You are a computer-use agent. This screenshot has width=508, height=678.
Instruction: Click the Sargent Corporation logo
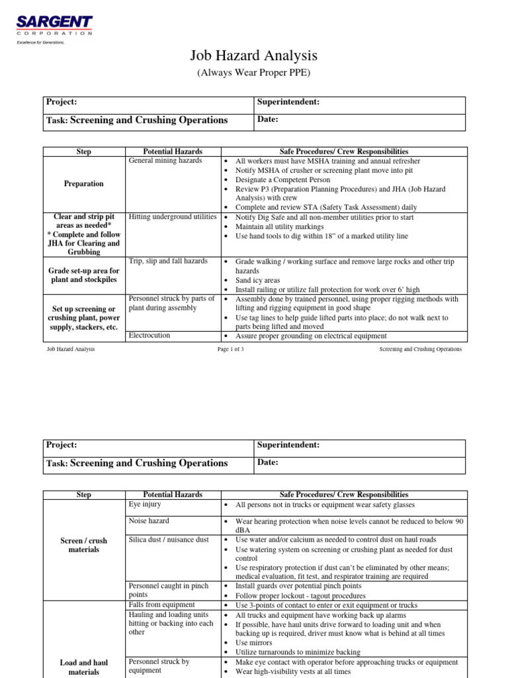[54, 26]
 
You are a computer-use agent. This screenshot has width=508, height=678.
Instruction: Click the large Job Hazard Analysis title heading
[253, 56]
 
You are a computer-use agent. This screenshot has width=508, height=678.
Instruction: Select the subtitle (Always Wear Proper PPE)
[253, 72]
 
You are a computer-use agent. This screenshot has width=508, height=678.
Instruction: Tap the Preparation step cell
[84, 183]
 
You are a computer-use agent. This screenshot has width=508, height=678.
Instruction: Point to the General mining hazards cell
[165, 161]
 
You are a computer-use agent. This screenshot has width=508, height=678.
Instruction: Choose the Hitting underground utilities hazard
[173, 217]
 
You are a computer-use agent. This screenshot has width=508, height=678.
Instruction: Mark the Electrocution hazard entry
[149, 336]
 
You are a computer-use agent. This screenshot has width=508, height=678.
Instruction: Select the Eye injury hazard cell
[145, 504]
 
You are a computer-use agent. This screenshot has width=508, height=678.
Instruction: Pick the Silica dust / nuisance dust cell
[169, 540]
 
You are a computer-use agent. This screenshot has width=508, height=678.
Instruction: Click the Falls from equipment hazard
[161, 605]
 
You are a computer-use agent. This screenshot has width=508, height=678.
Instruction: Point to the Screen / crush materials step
[84, 545]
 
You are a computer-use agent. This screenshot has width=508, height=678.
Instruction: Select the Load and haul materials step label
[84, 667]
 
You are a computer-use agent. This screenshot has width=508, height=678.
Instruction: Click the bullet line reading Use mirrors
[254, 642]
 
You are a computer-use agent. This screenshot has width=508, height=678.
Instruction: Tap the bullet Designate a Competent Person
[285, 179]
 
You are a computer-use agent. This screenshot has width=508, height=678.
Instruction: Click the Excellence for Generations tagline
[40, 42]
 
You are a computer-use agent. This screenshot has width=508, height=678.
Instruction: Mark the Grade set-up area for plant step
[84, 275]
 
